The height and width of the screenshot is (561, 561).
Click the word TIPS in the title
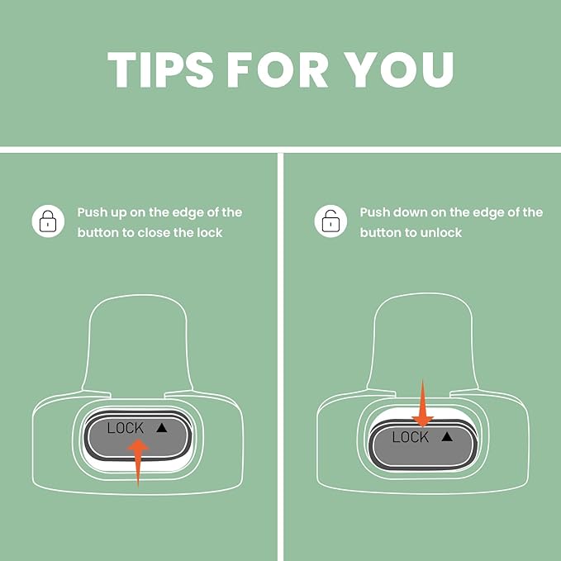click(x=160, y=69)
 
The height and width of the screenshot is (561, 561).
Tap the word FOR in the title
click(x=278, y=69)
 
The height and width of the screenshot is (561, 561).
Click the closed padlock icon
click(x=48, y=221)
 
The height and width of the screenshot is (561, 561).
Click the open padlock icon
click(x=330, y=221)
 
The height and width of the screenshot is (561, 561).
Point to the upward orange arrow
click(x=138, y=462)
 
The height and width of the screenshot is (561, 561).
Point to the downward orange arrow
click(x=422, y=403)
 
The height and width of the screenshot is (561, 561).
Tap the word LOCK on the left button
click(x=126, y=428)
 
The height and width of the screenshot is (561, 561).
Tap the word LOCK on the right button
click(x=411, y=437)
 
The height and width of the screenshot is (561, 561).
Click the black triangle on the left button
click(x=162, y=427)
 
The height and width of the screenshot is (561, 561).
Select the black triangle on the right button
click(x=447, y=436)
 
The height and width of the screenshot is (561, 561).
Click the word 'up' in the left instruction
click(x=118, y=213)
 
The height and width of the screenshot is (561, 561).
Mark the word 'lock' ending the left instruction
click(x=210, y=233)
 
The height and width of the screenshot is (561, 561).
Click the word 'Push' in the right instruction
click(x=374, y=212)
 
